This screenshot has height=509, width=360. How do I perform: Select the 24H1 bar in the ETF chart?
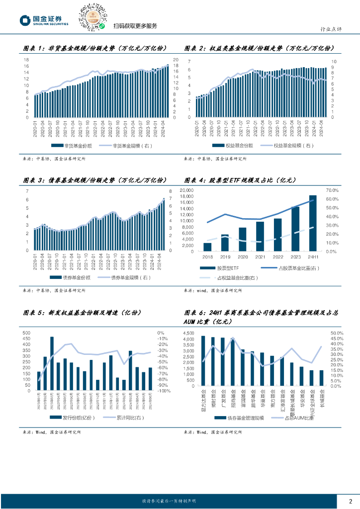313,223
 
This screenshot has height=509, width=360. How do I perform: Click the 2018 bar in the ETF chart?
207,247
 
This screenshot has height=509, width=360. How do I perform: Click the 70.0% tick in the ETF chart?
332,190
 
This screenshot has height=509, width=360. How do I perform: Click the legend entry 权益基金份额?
233,146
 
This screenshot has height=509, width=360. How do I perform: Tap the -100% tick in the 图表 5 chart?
164,391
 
